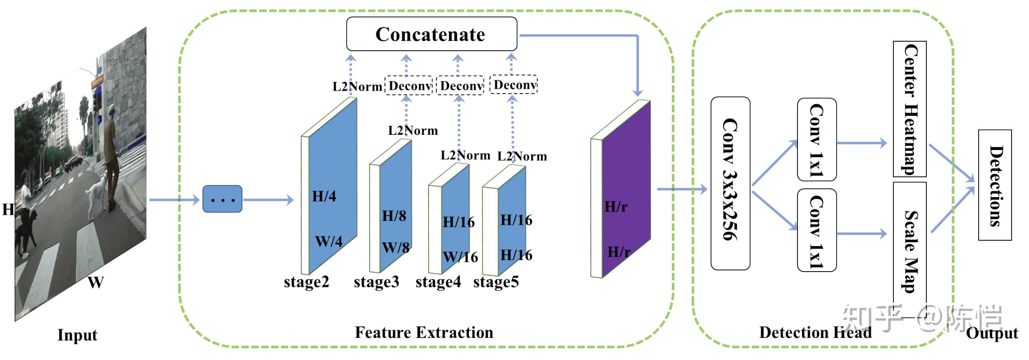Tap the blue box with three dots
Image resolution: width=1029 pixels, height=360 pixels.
(222, 199)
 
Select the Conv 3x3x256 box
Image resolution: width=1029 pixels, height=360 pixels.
(730, 183)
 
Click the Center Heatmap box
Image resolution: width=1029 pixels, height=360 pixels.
(909, 109)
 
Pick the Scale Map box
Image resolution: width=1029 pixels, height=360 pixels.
(909, 250)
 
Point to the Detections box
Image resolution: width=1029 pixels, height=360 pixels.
(994, 185)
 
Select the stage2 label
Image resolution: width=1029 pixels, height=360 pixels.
(306, 281)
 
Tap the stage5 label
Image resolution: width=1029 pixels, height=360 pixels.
(496, 281)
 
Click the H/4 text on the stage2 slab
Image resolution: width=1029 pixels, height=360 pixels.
(324, 196)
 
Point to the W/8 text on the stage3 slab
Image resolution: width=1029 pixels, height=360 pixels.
(396, 247)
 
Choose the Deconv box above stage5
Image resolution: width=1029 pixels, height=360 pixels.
(513, 85)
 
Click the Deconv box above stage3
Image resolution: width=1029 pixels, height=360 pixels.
(408, 86)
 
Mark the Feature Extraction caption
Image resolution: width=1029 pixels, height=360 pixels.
(424, 332)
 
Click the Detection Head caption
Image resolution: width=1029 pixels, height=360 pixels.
(815, 332)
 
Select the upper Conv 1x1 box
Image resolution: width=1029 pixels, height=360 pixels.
(816, 140)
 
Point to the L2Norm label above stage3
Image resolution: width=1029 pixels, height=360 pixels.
(413, 130)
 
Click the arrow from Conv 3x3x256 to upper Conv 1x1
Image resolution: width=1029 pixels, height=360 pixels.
(774, 163)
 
